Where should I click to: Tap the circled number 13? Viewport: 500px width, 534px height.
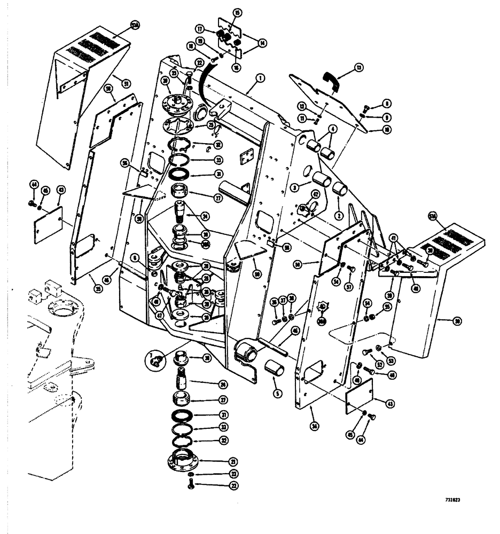tap(358, 68)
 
